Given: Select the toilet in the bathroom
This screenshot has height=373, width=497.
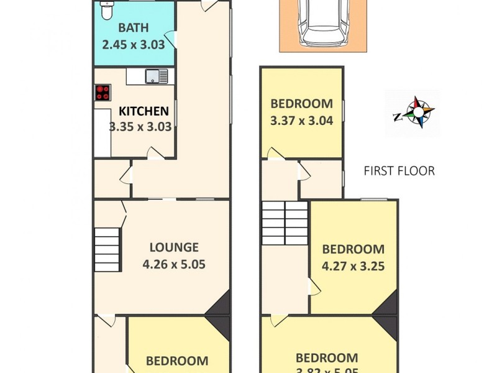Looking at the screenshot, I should (x=107, y=10).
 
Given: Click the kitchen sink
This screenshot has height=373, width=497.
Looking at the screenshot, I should (x=156, y=76).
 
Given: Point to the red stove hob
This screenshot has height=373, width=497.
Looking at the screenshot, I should (x=103, y=93).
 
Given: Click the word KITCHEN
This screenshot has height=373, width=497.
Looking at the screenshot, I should (x=144, y=111).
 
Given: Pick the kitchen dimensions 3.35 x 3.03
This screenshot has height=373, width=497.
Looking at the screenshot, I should (x=140, y=127).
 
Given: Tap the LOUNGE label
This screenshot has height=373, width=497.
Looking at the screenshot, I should (x=173, y=247).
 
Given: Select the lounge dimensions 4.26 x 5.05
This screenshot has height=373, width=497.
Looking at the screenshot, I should (x=173, y=264).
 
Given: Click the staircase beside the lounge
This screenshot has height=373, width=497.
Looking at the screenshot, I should (x=106, y=249).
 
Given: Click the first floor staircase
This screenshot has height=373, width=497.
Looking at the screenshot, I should (x=285, y=222).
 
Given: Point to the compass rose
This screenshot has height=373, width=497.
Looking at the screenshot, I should (x=413, y=114).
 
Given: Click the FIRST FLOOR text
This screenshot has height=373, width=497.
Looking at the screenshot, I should (x=399, y=171).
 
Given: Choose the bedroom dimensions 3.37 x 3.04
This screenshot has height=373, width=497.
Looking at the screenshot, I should (x=301, y=121).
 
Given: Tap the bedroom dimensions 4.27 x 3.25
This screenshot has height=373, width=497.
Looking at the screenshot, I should (x=353, y=266).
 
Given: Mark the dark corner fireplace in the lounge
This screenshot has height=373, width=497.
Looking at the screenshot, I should (x=221, y=306).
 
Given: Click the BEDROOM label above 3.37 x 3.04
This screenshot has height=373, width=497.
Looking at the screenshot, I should (x=301, y=104).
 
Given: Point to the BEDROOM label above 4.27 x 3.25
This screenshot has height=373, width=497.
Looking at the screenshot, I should (x=353, y=249).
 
